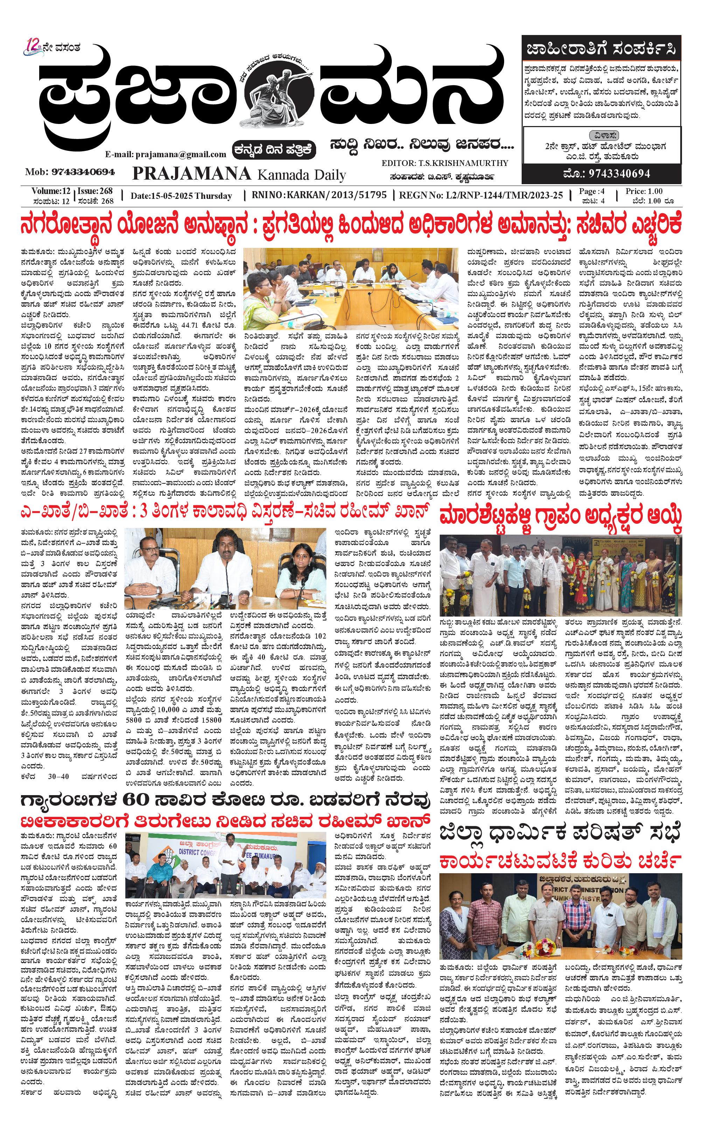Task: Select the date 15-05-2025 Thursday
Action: click(181, 196)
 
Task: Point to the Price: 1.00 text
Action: click(643, 191)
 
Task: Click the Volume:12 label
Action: click(51, 191)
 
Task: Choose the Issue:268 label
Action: click(95, 191)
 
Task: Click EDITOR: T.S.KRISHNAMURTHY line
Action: click(445, 163)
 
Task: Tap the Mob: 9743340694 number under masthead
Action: click(70, 172)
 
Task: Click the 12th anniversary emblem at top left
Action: click(34, 48)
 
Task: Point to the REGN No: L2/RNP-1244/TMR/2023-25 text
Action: click(481, 195)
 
